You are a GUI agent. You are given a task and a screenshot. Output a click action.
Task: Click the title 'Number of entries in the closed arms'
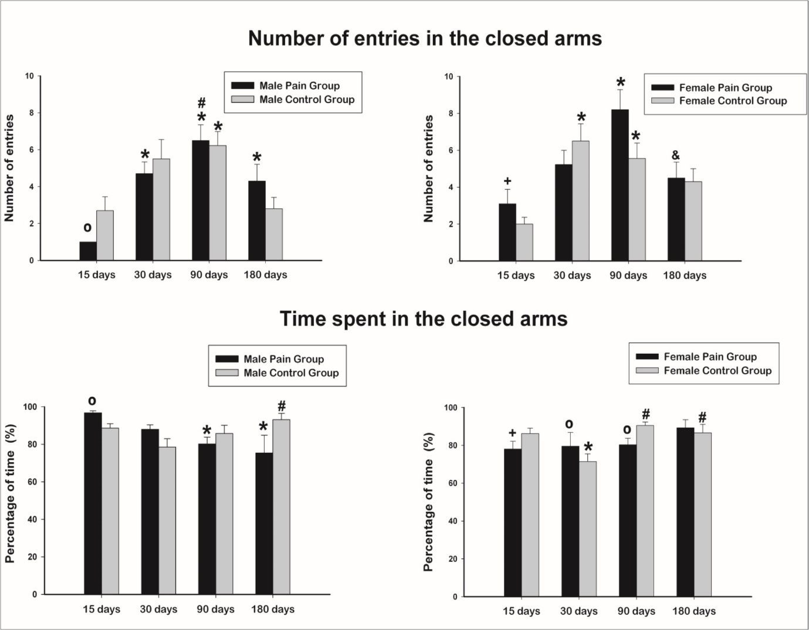(x=425, y=39)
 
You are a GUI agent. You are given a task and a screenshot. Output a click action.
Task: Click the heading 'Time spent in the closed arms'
(x=424, y=319)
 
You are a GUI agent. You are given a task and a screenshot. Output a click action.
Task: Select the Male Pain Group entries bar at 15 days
(x=88, y=251)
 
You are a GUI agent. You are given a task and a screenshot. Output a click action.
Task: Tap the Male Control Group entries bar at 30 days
(x=161, y=210)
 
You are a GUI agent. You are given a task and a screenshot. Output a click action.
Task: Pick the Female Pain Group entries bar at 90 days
(x=620, y=185)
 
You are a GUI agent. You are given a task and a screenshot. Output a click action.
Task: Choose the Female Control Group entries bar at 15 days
(x=524, y=242)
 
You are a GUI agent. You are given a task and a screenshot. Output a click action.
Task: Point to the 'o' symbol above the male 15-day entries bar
(x=87, y=228)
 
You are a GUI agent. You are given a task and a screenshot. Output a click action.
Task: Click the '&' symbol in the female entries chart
(x=676, y=155)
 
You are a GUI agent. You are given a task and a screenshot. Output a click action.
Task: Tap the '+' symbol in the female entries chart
(x=507, y=181)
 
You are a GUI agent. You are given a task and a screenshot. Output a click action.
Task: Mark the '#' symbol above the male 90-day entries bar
(x=201, y=104)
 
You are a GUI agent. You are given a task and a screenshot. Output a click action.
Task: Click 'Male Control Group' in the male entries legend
(x=307, y=100)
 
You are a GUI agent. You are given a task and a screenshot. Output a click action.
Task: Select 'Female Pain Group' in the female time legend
(x=710, y=357)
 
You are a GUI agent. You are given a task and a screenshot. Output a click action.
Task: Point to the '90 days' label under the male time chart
(x=215, y=609)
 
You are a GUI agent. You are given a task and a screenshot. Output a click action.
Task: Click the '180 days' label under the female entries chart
(x=685, y=275)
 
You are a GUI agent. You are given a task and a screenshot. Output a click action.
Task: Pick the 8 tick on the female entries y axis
(x=451, y=113)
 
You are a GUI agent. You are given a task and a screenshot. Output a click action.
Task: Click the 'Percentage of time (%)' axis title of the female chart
(x=429, y=502)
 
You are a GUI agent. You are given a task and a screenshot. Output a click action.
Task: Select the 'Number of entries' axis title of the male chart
(x=9, y=168)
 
